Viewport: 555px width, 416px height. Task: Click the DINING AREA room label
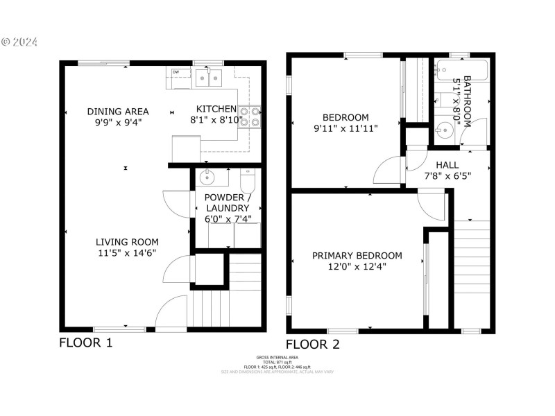click(118, 111)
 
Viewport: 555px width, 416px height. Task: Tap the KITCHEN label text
click(216, 109)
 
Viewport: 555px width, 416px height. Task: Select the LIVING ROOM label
click(127, 242)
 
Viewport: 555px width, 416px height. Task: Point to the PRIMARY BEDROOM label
click(357, 256)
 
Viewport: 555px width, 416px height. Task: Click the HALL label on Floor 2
click(447, 165)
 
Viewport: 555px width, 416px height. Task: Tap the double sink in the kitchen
click(207, 77)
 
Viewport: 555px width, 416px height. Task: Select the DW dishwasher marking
click(176, 72)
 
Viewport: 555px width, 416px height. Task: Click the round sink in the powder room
click(207, 178)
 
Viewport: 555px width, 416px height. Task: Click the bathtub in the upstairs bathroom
click(461, 69)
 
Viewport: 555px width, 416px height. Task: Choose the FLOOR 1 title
click(85, 343)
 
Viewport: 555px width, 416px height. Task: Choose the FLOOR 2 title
click(313, 344)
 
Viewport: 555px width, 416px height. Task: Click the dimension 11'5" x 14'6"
click(127, 252)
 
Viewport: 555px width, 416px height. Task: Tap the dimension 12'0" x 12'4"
click(357, 266)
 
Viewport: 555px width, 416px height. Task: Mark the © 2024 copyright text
click(21, 42)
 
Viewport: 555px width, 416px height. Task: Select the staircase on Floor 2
click(471, 270)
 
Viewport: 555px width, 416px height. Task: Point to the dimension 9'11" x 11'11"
click(345, 128)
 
